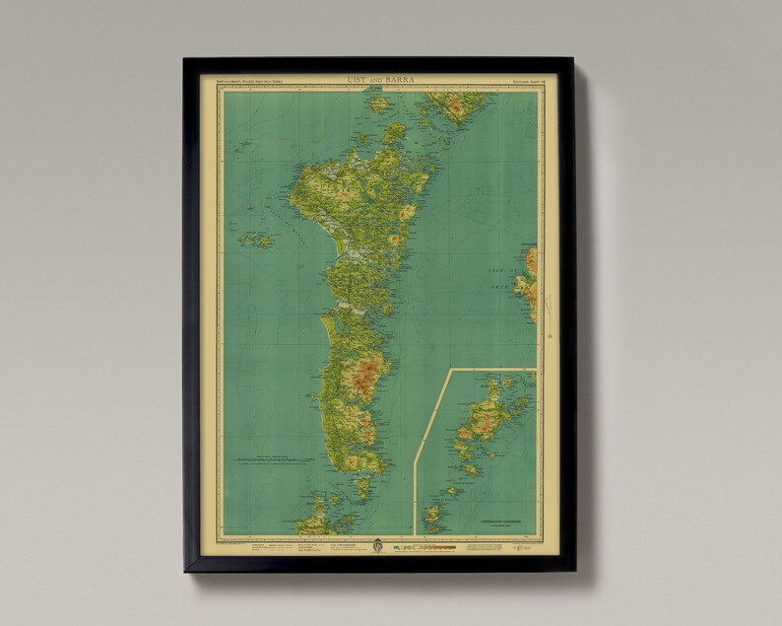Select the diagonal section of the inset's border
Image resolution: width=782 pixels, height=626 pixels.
tap(430, 414)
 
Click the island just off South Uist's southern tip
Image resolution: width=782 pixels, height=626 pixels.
tap(362, 486)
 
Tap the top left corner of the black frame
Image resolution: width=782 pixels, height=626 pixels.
tap(185, 60)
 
